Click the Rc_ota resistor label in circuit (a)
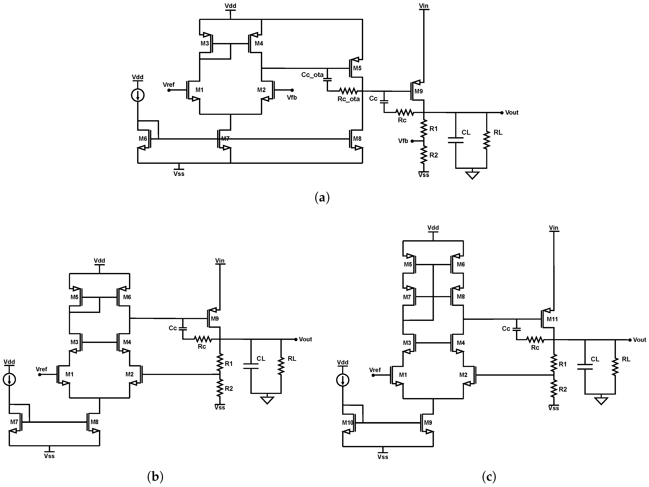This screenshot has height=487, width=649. pyautogui.click(x=348, y=99)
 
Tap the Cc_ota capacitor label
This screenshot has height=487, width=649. pyautogui.click(x=312, y=75)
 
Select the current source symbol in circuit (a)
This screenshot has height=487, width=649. pyautogui.click(x=138, y=95)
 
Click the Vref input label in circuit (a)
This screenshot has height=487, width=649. pyautogui.click(x=169, y=85)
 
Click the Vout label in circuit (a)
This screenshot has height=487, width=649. pyautogui.click(x=512, y=113)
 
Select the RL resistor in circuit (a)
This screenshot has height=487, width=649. pyautogui.click(x=487, y=140)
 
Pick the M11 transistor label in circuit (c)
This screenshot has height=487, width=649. pyautogui.click(x=552, y=319)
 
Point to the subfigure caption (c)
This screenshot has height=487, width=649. pyautogui.click(x=489, y=477)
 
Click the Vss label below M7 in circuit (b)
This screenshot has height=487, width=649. pyautogui.click(x=49, y=456)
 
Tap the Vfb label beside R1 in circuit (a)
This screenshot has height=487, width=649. pyautogui.click(x=403, y=141)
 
